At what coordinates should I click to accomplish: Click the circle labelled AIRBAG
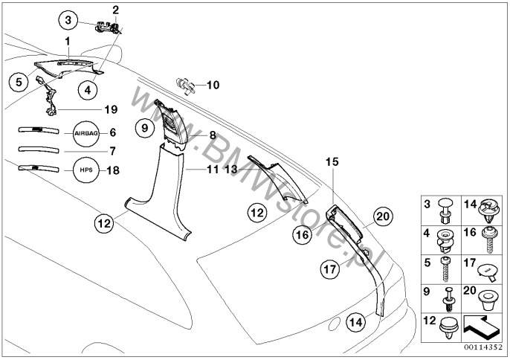coord(85,133)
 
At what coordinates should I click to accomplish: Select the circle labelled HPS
coord(85,170)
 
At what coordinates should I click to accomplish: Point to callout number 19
coord(111,109)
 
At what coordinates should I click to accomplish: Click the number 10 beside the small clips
coord(213,85)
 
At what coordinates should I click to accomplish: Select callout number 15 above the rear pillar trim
coord(332,161)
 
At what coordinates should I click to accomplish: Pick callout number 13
coord(230,170)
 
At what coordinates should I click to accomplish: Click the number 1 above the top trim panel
coord(67,39)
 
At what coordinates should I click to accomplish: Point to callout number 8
coord(212,135)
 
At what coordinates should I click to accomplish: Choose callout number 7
coord(113,151)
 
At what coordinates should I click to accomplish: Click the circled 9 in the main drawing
coord(146,129)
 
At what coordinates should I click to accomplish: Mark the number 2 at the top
coord(115,10)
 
